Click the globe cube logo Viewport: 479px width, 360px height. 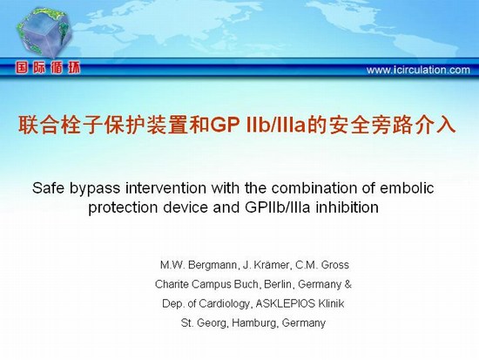44,33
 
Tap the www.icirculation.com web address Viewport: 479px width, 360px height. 418,70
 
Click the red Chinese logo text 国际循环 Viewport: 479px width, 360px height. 48,67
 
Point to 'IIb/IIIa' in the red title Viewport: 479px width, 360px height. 275,125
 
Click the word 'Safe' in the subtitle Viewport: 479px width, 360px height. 48,187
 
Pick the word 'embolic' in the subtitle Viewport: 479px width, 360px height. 407,187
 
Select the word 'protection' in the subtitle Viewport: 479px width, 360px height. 123,208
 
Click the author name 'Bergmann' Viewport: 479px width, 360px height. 213,265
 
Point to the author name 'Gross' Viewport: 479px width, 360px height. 334,265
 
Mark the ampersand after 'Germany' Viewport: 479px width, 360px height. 348,284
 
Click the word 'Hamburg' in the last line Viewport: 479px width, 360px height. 255,323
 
